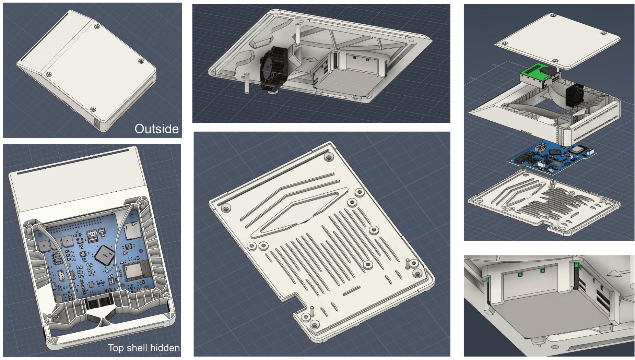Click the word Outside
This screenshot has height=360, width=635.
tap(156, 129)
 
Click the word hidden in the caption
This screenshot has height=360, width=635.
tap(164, 348)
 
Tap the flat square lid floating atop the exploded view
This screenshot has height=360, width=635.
tap(557, 40)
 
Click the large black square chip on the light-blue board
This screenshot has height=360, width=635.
tap(104, 255)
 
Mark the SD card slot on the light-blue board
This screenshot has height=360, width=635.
tap(131, 230)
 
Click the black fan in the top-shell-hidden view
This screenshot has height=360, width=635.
tap(99, 303)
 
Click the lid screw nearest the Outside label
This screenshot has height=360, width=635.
tap(93, 110)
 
